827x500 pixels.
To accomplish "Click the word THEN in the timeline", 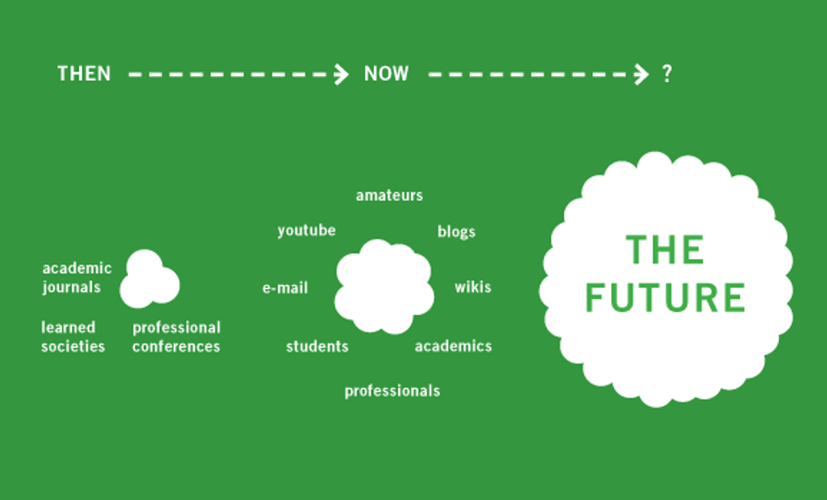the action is coord(84,73).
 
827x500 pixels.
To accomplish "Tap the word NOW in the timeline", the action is coord(386,73).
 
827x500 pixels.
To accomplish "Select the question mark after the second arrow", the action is coord(668,73).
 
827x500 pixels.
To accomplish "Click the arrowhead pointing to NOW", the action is coord(341,74).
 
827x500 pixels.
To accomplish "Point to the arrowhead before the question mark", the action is coord(641,74).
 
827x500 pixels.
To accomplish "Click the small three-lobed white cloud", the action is coord(149,280).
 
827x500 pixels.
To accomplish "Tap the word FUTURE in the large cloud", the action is coord(665,298).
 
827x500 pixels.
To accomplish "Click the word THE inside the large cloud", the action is coord(665,250).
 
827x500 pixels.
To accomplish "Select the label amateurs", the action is coord(389,196).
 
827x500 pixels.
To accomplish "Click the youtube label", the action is coord(306,231).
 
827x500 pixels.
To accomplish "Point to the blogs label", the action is coord(457,232).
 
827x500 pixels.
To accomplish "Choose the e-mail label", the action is coord(285,288).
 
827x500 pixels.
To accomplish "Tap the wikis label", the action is coord(473,287).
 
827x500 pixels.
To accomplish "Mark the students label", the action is coord(317,347).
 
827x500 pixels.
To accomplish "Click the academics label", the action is coord(453,347).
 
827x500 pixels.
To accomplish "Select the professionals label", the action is coord(392,391).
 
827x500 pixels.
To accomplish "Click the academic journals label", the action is coord(77,277).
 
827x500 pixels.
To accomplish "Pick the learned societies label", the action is coord(73,336).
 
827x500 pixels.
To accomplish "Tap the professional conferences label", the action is coord(176,337).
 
